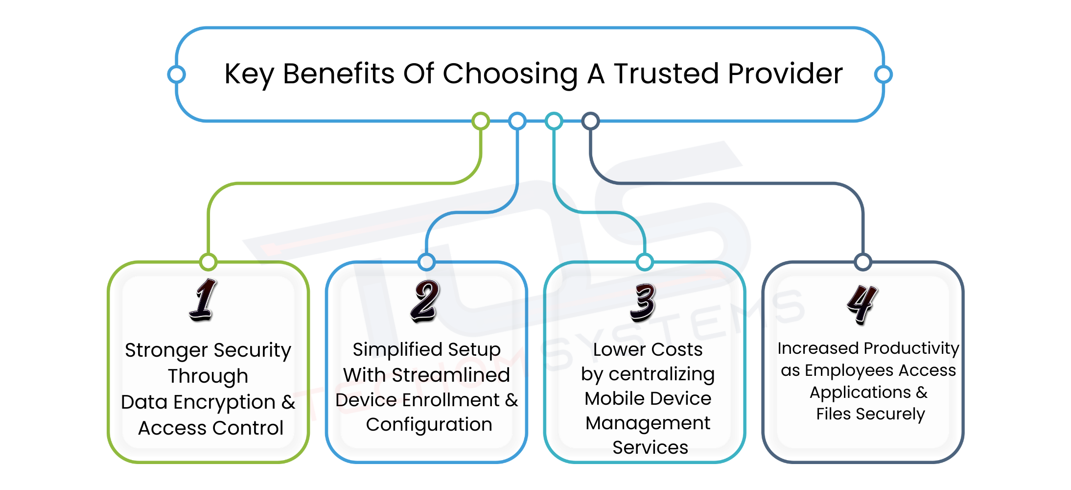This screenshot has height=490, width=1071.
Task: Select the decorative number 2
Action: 425,301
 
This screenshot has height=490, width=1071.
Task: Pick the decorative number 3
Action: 643,302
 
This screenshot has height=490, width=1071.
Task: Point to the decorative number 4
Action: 862,304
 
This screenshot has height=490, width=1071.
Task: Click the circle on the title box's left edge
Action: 176,74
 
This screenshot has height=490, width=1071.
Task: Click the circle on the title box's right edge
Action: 883,74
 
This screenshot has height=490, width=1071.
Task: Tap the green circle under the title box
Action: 481,121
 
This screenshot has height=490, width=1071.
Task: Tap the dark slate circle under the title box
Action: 590,121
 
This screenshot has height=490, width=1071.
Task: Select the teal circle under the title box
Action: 554,121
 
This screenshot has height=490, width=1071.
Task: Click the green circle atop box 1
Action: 209,262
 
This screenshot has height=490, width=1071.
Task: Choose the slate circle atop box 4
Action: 862,262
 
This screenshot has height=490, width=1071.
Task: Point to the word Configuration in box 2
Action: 429,425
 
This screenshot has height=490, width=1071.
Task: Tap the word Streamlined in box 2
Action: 451,375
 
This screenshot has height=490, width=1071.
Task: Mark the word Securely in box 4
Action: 890,414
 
